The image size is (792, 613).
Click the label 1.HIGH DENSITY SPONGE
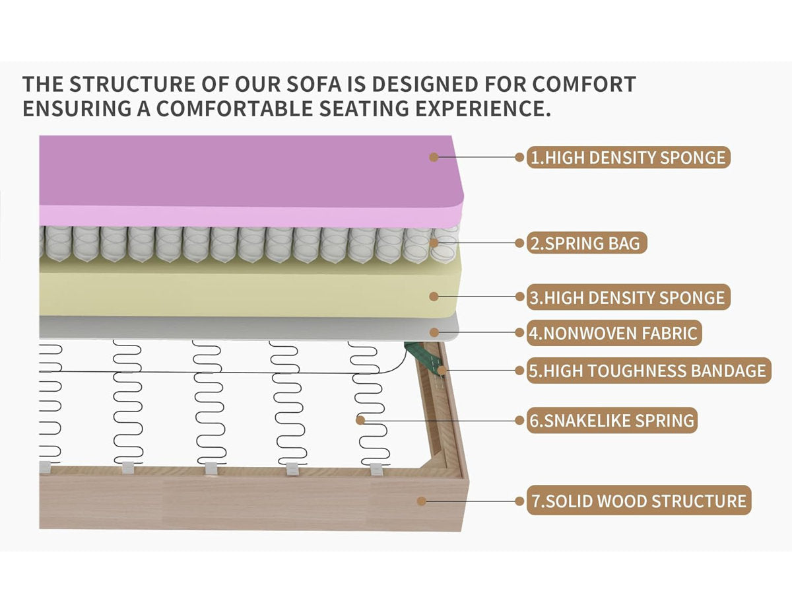click(628, 157)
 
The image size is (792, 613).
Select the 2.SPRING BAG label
click(587, 243)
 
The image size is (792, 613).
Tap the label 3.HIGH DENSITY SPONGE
click(628, 297)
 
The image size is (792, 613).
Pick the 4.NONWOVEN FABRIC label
click(614, 332)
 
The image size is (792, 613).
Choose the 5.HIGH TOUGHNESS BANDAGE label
click(649, 371)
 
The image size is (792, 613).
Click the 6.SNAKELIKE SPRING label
click(612, 421)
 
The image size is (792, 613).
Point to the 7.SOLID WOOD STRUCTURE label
click(639, 501)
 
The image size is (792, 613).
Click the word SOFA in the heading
click(313, 85)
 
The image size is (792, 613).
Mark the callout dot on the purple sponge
click(434, 157)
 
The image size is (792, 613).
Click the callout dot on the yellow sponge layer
click(434, 297)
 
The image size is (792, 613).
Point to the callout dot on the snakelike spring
click(360, 420)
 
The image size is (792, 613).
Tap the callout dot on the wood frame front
click(422, 501)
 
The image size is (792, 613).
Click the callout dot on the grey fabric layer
click(434, 332)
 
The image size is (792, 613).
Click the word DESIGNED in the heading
click(424, 85)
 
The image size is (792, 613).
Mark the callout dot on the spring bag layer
click(434, 243)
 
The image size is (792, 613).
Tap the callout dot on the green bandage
click(442, 371)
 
